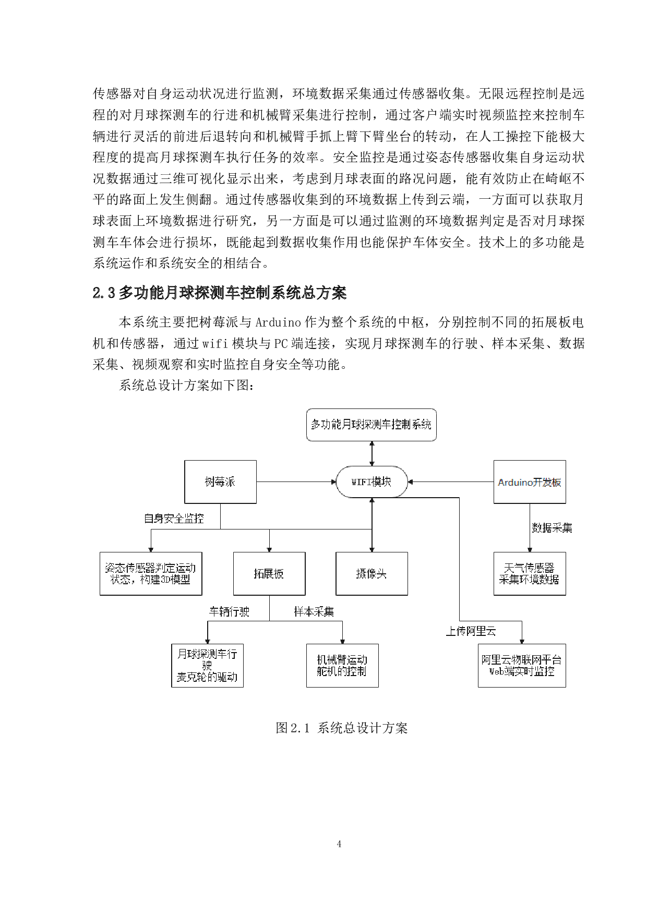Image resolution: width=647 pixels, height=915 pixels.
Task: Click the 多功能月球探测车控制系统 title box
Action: point(371,425)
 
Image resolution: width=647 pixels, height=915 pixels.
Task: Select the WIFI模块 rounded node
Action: point(371,481)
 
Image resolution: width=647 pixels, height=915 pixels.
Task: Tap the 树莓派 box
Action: point(220,481)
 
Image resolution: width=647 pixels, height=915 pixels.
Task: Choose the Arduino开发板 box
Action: point(529,482)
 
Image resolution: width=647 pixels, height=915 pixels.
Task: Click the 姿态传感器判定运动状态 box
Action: point(150,573)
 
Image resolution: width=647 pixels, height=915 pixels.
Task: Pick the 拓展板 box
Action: point(269,573)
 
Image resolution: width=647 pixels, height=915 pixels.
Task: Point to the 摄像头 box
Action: point(371,573)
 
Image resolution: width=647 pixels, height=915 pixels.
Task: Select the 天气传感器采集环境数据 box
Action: point(529,573)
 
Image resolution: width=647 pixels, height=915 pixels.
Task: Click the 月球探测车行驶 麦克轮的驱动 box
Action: point(207,665)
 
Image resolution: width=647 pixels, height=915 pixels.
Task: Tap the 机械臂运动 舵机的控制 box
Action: point(342,665)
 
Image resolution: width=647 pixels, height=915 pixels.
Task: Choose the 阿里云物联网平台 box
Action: point(521,665)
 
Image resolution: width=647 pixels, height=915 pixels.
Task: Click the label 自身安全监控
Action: point(174,518)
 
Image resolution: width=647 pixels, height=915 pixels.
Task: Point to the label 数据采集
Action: point(552,527)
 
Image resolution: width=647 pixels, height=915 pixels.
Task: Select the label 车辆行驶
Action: point(229,611)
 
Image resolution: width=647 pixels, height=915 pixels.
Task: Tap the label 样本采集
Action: point(314,611)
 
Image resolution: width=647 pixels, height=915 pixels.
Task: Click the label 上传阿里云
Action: point(470,631)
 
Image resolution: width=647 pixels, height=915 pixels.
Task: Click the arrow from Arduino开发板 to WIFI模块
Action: point(451,481)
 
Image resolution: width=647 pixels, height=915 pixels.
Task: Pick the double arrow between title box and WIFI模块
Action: point(372,453)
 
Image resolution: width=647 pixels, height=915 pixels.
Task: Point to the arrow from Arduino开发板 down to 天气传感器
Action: point(530,527)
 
